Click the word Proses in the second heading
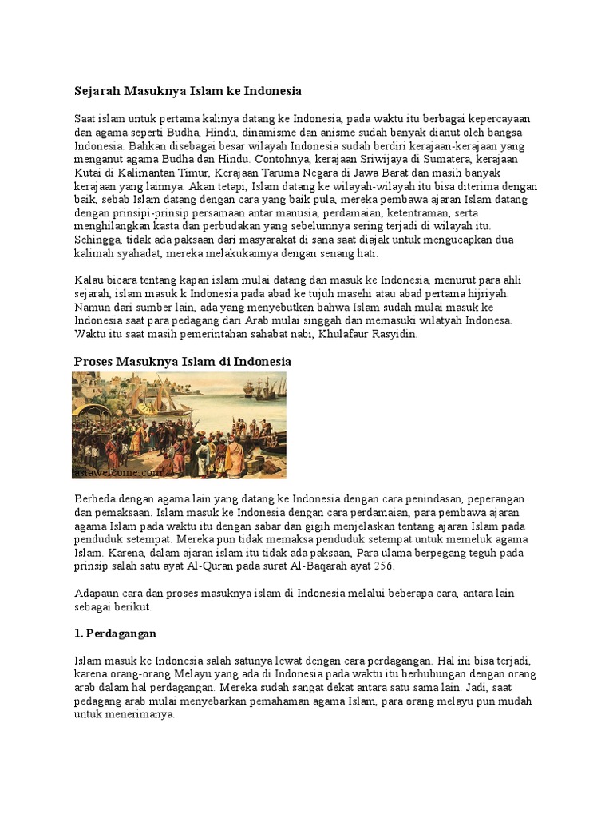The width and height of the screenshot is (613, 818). (x=93, y=362)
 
